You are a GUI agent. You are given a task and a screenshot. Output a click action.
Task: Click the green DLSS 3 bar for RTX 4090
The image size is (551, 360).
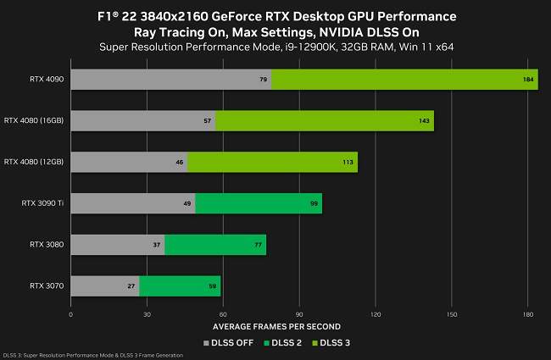tap(404, 80)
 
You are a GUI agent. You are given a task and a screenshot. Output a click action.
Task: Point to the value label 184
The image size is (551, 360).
tap(528, 80)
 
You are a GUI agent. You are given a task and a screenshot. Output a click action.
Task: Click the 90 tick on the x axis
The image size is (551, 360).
tap(299, 314)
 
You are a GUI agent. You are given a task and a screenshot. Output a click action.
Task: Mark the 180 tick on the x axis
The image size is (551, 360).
tap(527, 314)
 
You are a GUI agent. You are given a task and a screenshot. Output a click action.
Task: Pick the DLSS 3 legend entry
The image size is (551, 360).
tap(334, 342)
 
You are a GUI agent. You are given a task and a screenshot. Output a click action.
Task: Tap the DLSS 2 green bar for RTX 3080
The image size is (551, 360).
tap(215, 245)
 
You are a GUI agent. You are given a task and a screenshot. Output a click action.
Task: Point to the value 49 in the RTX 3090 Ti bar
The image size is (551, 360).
tap(187, 203)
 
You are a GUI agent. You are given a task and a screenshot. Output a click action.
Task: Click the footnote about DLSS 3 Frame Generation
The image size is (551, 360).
tap(92, 355)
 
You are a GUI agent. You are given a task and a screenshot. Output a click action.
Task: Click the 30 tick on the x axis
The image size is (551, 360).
tap(147, 314)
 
